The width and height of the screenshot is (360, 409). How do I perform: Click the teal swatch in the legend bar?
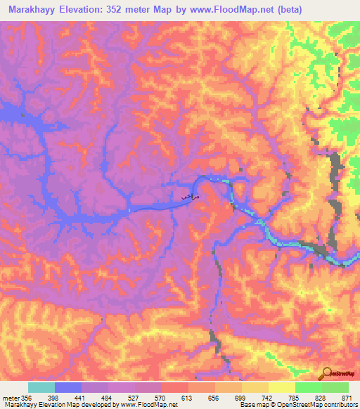(x=41, y=387)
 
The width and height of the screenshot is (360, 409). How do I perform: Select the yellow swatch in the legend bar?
(x=282, y=387)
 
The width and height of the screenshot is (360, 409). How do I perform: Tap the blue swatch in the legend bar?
(x=68, y=387)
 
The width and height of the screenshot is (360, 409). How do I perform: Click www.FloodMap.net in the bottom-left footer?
(x=147, y=405)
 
